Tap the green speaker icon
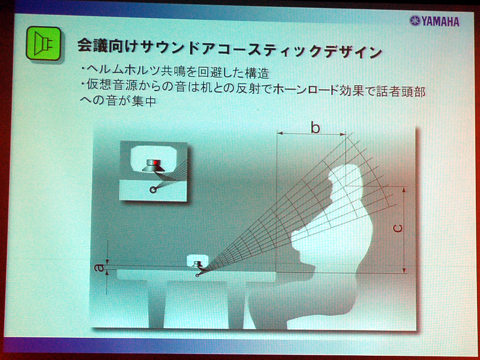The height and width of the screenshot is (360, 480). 43,43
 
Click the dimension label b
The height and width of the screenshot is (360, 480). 315,128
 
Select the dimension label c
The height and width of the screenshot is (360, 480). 397,229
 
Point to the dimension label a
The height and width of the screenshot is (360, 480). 99,268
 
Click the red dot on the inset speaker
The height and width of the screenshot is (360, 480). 156,162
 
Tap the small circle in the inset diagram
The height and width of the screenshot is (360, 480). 152,190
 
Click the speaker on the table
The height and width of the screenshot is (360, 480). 197,264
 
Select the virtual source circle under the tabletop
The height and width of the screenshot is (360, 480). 197,275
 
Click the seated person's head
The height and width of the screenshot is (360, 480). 346,181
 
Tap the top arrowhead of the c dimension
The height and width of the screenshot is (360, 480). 404,190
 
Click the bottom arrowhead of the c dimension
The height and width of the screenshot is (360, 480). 404,270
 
